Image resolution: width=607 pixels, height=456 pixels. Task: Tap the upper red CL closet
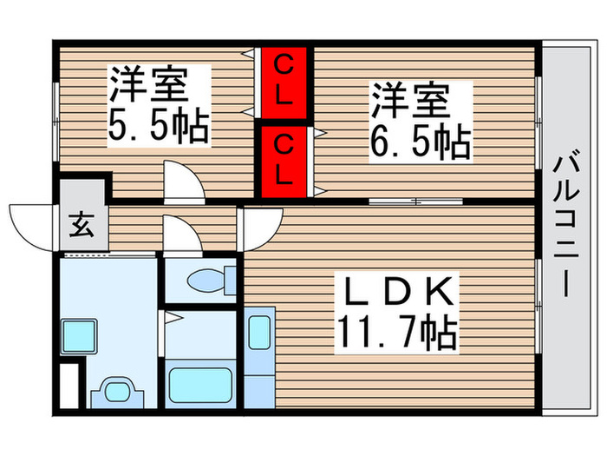(x=284, y=81)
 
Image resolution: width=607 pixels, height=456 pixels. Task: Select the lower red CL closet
(x=284, y=162)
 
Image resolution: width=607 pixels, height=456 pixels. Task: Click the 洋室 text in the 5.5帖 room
(x=147, y=87)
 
